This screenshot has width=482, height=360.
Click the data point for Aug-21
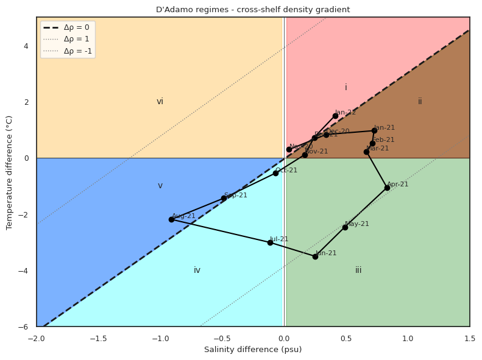pos(171,219)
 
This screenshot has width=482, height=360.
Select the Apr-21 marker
pos(387,188)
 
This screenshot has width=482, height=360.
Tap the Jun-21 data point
pos(315,256)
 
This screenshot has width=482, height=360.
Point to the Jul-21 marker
pos(270,242)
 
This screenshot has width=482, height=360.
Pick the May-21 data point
pos(345,227)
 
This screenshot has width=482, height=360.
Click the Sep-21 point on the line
pos(224,198)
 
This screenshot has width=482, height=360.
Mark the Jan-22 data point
pos(335,116)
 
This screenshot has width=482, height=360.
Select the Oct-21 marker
pos(275,173)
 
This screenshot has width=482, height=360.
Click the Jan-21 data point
pos(374,130)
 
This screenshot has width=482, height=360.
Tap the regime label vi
pos(160,102)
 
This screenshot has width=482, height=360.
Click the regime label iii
pos(358,270)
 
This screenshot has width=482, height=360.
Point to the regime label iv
pos(197,270)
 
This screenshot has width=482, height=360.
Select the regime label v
pos(160,186)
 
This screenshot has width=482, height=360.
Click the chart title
pos(253,10)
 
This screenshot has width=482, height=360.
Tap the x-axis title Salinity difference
pos(253,350)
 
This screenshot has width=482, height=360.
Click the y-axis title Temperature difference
pos(9,172)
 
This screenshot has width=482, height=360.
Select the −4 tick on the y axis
pos(27,270)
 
